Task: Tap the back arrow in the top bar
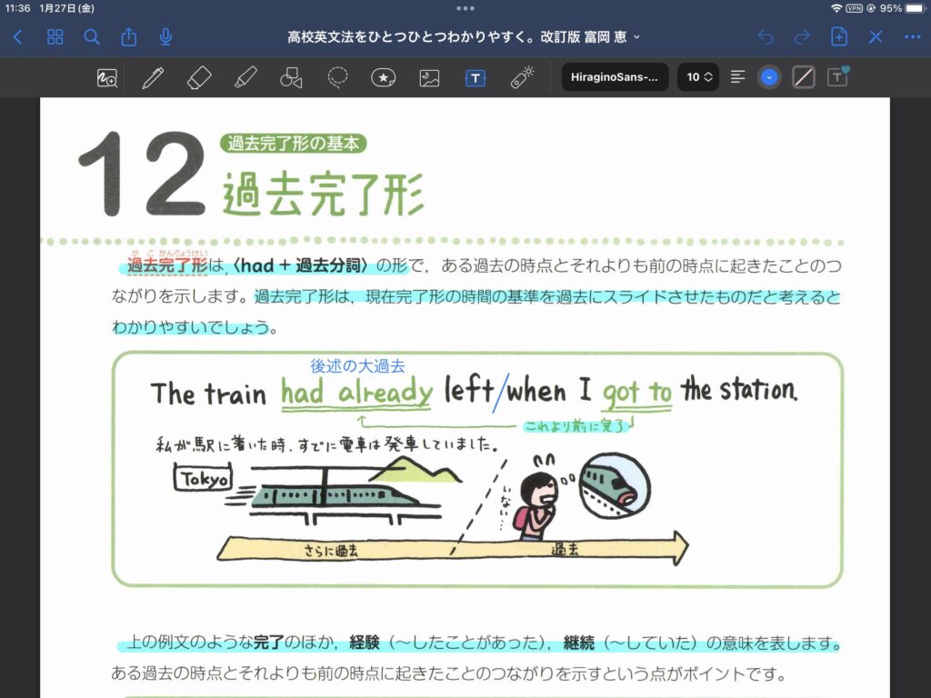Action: [x=18, y=37]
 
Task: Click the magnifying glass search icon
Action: [x=92, y=37]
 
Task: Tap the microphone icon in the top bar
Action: [x=165, y=36]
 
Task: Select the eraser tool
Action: [x=199, y=78]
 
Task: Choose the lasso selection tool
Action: [x=337, y=77]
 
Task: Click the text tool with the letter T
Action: [x=475, y=78]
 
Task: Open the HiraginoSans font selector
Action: [x=615, y=77]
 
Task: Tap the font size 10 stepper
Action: [x=698, y=77]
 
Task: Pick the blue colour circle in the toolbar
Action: [x=769, y=77]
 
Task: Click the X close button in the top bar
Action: [x=876, y=37]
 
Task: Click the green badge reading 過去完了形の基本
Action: [x=294, y=143]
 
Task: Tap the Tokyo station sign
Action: [x=203, y=478]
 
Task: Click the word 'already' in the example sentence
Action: [x=385, y=393]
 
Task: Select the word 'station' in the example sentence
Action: [x=757, y=390]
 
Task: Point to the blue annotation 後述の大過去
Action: [x=357, y=365]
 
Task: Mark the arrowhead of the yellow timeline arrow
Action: [x=680, y=547]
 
